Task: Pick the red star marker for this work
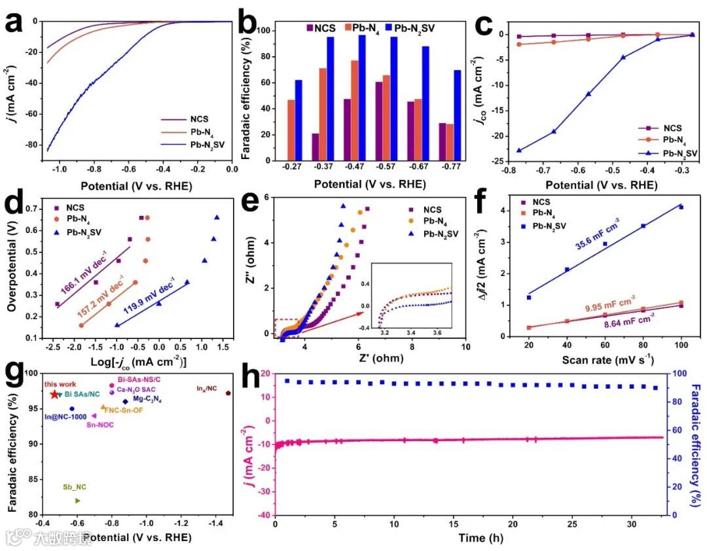point(54,395)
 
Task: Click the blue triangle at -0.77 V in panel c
point(519,150)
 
